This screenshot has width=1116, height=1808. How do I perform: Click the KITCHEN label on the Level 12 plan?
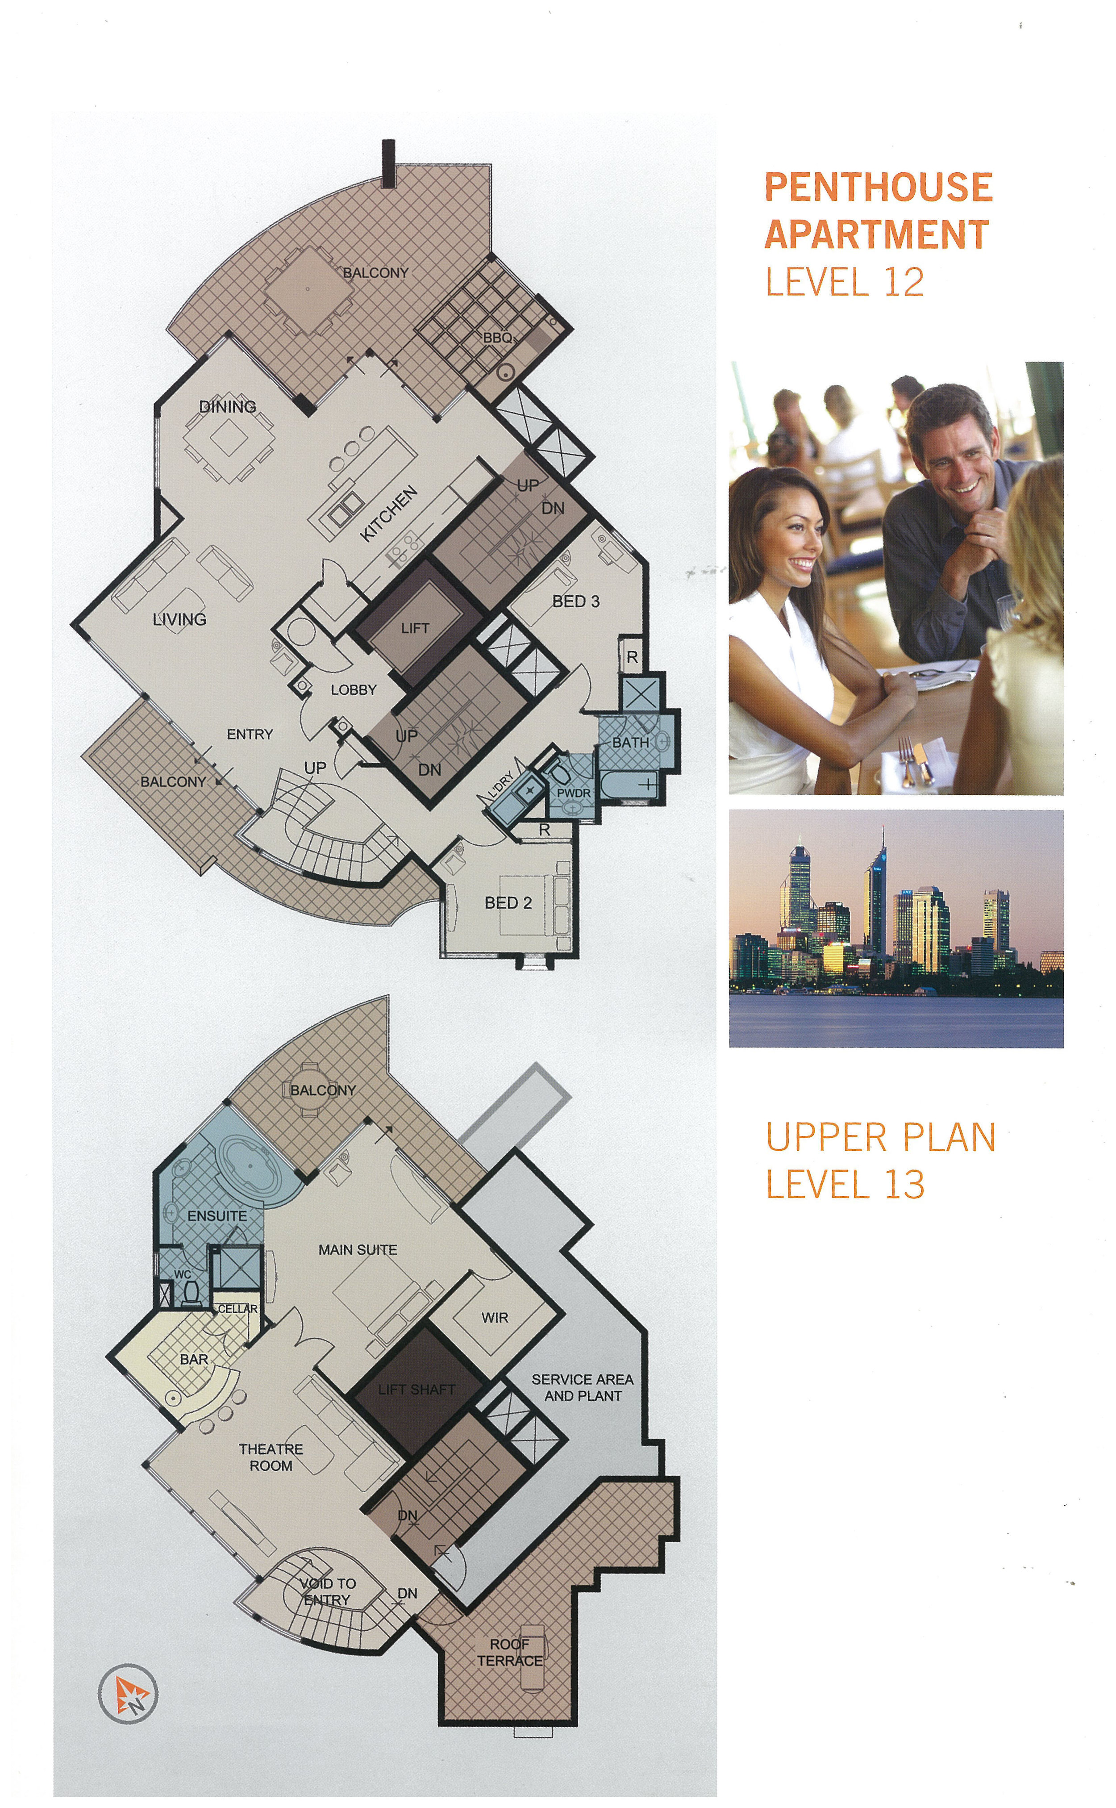[x=389, y=514]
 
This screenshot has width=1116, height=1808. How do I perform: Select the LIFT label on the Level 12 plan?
[x=415, y=628]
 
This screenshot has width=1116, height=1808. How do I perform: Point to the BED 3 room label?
[x=576, y=601]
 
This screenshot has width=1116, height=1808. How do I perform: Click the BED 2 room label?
[x=508, y=903]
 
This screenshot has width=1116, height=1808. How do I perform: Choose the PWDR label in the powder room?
[x=574, y=793]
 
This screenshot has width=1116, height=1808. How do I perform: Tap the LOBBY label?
[x=354, y=689]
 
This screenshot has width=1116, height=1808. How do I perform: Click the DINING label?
[x=228, y=407]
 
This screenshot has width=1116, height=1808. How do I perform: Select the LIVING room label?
[x=179, y=619]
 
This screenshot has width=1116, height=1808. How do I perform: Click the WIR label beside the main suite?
[x=495, y=1318]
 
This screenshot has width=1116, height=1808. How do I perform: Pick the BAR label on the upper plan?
[x=194, y=1359]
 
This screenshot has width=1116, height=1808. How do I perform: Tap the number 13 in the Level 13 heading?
[x=906, y=1184]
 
